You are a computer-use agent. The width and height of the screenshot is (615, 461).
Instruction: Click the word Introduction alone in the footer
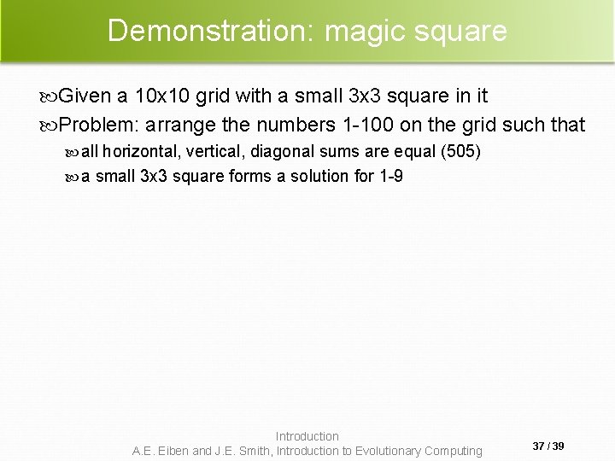(x=307, y=436)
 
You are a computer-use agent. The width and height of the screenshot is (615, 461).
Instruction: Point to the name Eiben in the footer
(x=174, y=451)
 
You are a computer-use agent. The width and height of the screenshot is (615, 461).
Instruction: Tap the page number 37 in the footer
(x=538, y=446)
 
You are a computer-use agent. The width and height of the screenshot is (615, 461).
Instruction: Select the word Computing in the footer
(x=454, y=451)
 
